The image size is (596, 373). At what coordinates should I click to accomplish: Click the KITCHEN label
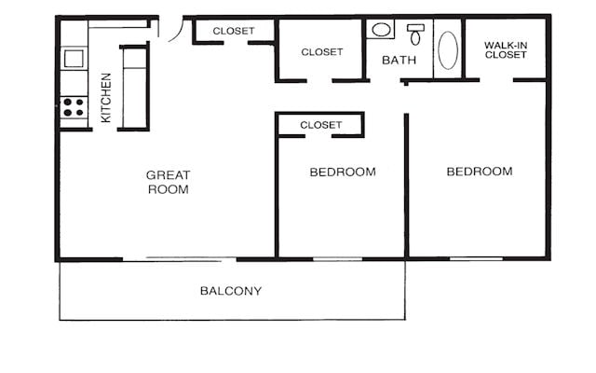point(106,97)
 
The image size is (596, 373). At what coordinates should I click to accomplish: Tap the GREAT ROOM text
point(168,182)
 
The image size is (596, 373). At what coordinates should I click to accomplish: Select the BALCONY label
point(231,291)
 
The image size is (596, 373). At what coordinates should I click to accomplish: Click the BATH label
point(400,61)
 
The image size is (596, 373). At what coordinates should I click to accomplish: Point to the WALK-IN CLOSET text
point(506,49)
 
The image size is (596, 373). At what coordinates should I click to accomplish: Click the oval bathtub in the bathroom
point(448,50)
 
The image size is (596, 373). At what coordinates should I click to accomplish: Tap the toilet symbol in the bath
point(415,35)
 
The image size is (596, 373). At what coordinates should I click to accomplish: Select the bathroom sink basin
point(382,30)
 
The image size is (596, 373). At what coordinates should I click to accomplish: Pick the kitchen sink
point(74,59)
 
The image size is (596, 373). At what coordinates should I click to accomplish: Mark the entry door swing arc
point(171,29)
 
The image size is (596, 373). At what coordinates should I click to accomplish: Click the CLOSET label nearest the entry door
point(233,31)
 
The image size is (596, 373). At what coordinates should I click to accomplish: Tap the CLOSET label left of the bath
point(322,52)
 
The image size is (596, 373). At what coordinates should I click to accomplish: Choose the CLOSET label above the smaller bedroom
point(321,124)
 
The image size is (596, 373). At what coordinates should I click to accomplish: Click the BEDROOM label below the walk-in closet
point(480,172)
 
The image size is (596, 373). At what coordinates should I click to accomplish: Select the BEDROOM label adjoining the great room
point(343,172)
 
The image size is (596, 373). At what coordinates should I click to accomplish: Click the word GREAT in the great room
point(168,175)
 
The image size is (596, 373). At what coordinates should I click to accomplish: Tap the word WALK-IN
point(506,44)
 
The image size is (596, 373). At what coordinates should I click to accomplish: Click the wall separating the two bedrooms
point(406,186)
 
